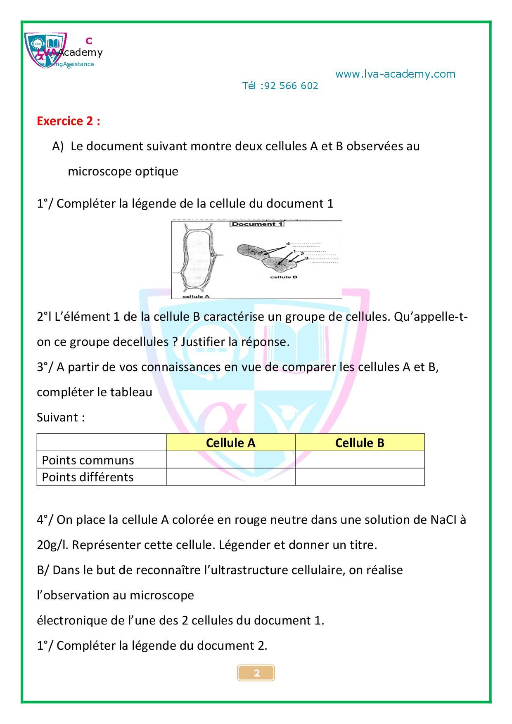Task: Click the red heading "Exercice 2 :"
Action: pos(68,121)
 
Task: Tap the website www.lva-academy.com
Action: pos(395,74)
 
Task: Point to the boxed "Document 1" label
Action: pos(257,224)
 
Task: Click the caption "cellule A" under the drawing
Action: pos(196,296)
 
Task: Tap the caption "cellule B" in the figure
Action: pos(284,277)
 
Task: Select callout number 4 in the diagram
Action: pos(288,244)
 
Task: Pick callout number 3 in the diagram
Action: pos(306,258)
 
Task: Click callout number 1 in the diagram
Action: pos(294,251)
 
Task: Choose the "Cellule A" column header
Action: pos(230,443)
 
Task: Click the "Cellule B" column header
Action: pos(360,443)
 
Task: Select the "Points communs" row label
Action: pos(88,460)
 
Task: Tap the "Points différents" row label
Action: pos(88,477)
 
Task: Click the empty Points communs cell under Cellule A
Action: pos(230,460)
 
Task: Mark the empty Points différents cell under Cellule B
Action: pos(360,477)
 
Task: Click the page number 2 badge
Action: pos(256,673)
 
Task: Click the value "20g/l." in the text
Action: pos(53,545)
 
